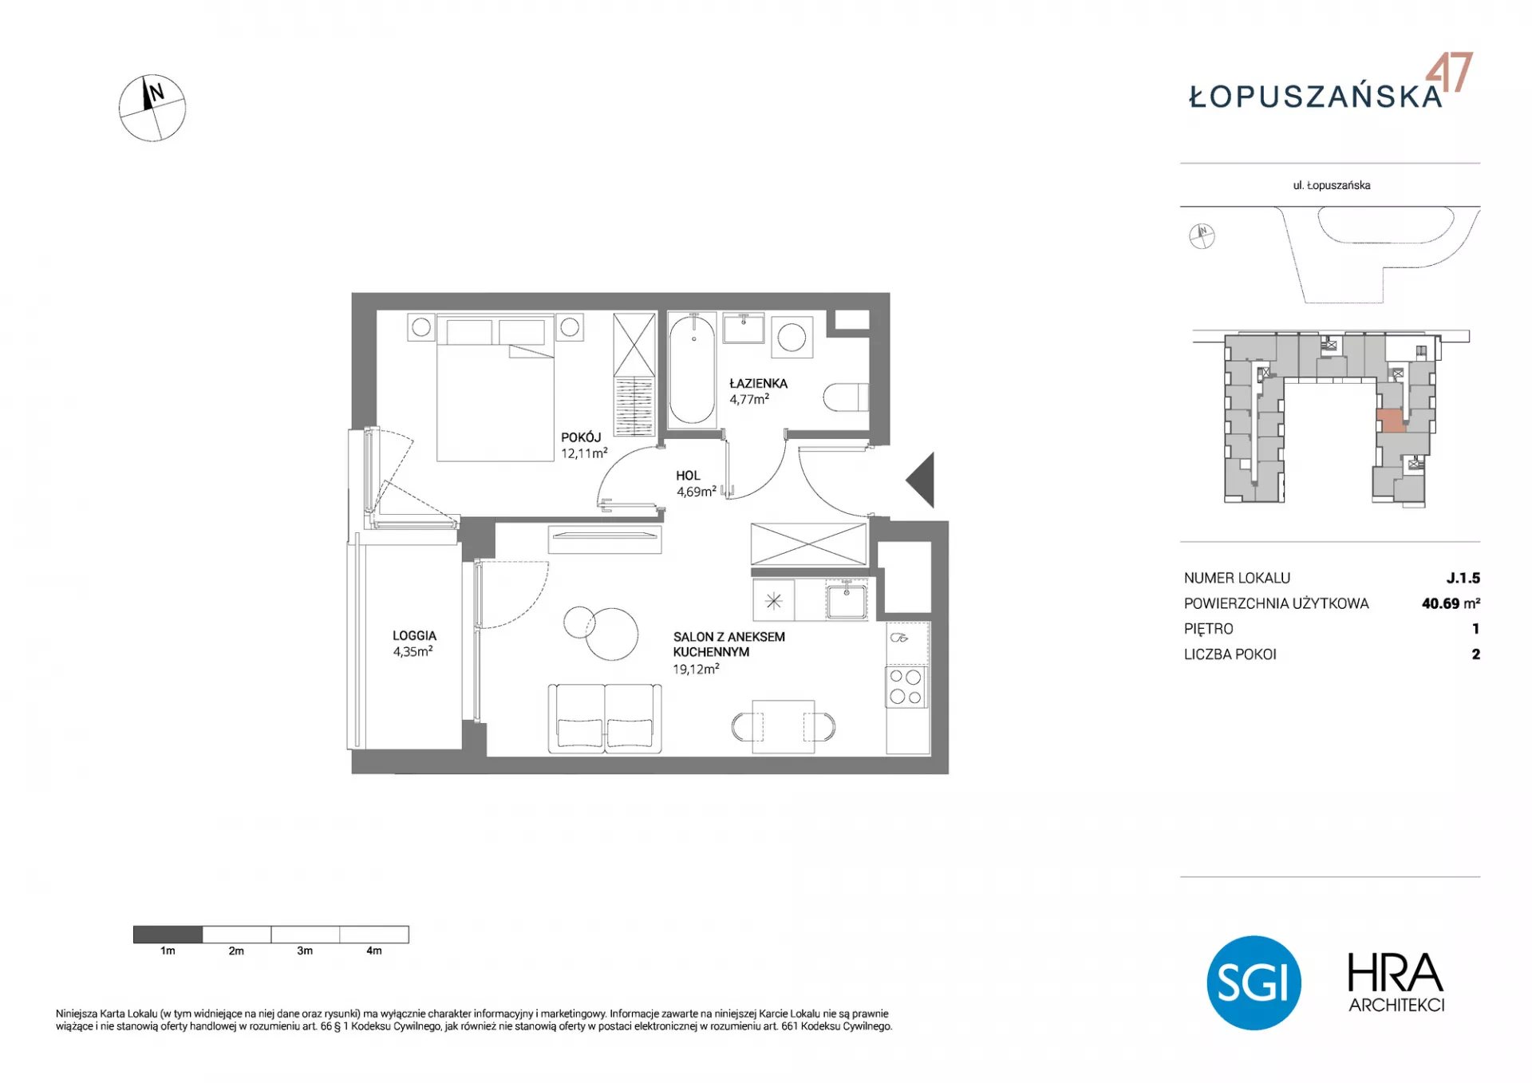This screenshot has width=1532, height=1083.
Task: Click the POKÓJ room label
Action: [581, 437]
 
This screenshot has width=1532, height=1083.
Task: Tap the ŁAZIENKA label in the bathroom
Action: [758, 383]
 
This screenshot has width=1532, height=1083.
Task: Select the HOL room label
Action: [688, 476]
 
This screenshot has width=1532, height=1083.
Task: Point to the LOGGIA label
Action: [414, 636]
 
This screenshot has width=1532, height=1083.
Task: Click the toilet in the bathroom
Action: [845, 397]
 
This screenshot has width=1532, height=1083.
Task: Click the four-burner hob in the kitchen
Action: [906, 687]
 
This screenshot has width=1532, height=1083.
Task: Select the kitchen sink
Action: [847, 600]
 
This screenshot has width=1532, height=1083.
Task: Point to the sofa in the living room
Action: [605, 718]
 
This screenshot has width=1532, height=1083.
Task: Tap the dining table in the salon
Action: [783, 726]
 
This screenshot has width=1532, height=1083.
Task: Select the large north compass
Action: [152, 109]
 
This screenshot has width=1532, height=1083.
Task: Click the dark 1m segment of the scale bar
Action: [168, 935]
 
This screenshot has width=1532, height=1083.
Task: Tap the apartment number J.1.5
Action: [1463, 578]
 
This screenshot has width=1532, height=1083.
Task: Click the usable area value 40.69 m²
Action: [1451, 603]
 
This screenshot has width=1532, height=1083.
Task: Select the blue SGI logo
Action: [1254, 982]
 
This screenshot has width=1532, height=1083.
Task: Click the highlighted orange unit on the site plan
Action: [1392, 421]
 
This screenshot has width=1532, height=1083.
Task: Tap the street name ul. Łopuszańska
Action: [1332, 185]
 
